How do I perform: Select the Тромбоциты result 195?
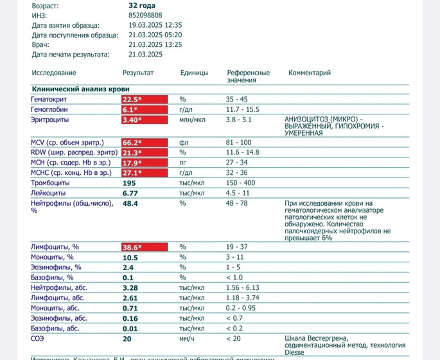point(130,183)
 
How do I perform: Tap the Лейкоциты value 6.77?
point(130,193)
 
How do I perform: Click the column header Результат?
point(138,73)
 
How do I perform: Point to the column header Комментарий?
point(310,73)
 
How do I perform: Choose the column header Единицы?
point(193,73)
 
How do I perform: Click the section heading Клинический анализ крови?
point(80,89)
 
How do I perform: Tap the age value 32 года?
point(142,5)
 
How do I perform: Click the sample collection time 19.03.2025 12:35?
point(155,25)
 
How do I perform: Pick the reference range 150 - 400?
point(241,183)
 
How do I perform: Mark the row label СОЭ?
point(38,338)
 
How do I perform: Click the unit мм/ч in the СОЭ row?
point(187,338)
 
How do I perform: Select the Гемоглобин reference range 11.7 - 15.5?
point(243,110)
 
